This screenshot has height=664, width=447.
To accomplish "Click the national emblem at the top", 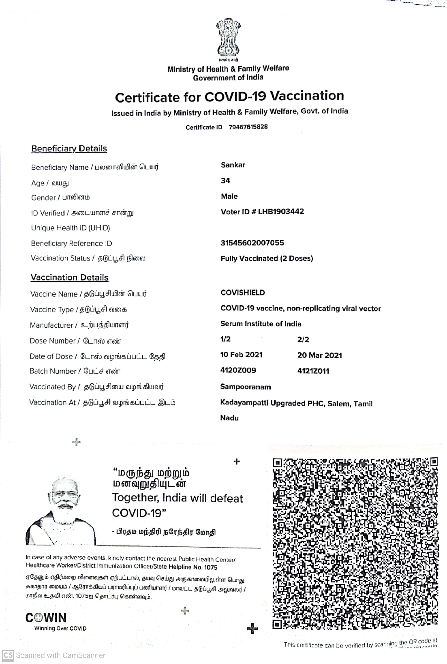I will [x=228, y=39].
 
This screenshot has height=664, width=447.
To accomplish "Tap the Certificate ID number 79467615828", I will [x=248, y=127].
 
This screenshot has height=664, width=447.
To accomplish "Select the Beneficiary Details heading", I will [x=69, y=149].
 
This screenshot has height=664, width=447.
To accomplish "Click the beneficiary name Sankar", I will [x=233, y=165].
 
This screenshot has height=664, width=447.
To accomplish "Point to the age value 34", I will [x=225, y=181].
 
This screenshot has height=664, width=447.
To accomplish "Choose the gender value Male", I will [x=229, y=196].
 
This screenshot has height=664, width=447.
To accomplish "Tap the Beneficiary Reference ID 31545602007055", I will [x=252, y=243].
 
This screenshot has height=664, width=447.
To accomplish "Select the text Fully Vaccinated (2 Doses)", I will [x=267, y=258].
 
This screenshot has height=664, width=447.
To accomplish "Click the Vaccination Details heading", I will [x=70, y=277].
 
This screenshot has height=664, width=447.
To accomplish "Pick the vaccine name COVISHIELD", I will [x=243, y=293].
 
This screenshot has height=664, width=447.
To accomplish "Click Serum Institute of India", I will [x=261, y=324].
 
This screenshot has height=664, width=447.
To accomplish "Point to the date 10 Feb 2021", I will [x=241, y=355].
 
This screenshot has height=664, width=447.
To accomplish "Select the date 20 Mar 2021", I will [x=320, y=355].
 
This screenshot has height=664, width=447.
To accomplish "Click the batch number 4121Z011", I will [x=313, y=371].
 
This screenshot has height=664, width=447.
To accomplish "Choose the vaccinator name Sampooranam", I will [x=245, y=387].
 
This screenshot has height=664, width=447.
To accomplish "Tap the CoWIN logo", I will [x=46, y=618].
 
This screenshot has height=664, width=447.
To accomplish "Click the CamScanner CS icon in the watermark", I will [x=8, y=655].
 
